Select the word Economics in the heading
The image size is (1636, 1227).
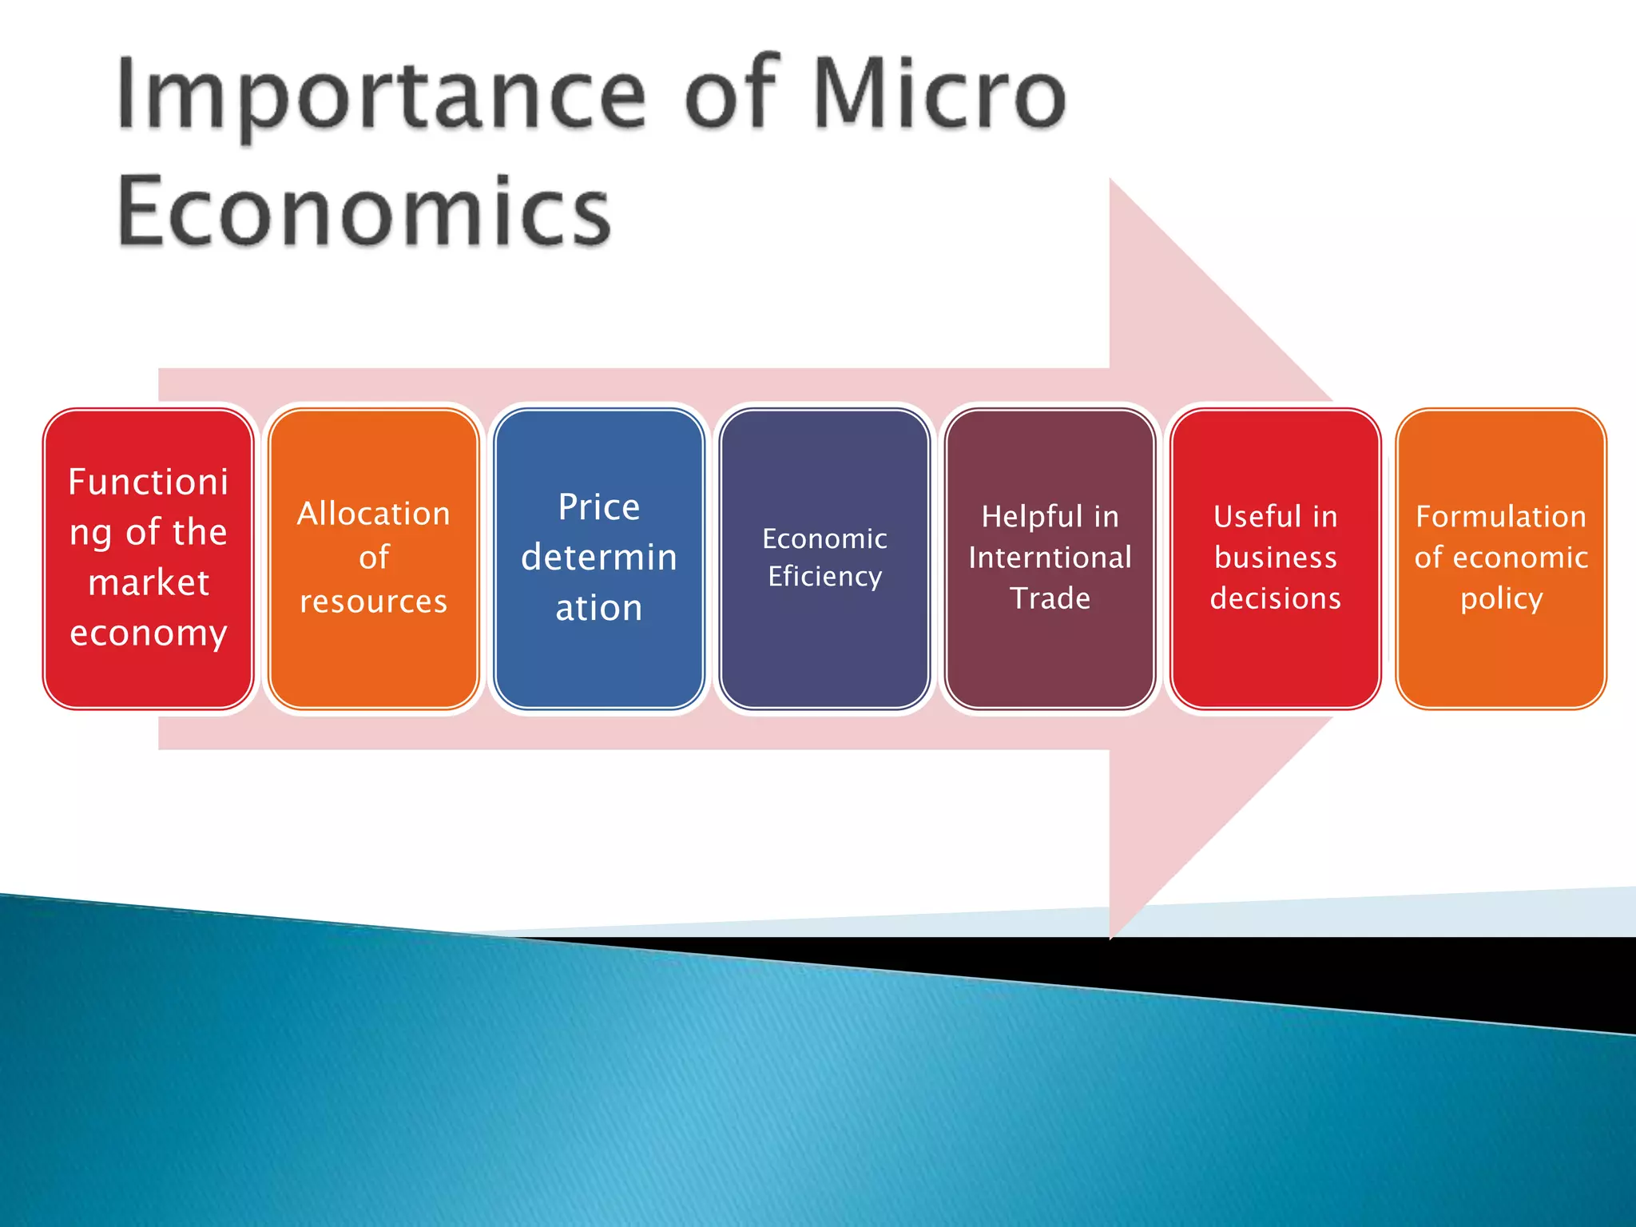364,212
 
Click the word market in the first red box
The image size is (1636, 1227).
149,582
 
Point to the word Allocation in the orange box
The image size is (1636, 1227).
374,514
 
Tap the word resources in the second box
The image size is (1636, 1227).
374,602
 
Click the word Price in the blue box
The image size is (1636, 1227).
599,507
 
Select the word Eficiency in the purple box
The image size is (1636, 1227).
825,576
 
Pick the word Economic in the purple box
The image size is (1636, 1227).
825,538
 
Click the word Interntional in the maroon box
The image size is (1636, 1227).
1050,558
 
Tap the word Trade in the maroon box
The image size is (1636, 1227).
1050,598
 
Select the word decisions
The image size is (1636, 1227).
1276,598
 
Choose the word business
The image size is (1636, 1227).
1276,558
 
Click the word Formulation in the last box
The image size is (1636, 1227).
1501,517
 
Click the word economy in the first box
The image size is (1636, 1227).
149,633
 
